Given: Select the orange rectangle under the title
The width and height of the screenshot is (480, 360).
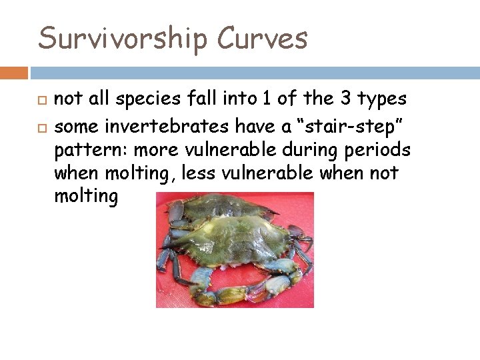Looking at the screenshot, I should click(x=14, y=73).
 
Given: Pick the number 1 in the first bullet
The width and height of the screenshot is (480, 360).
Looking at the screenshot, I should click(x=267, y=99).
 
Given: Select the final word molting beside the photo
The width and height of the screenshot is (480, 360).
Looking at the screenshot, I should click(x=86, y=197).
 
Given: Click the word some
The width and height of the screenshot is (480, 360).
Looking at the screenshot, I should click(x=75, y=123).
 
